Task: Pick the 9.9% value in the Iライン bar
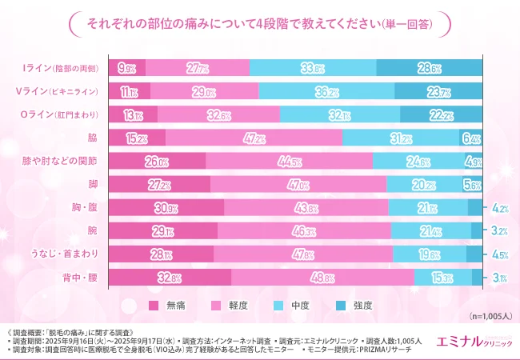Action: pos(126,69)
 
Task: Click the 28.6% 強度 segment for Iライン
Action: pos(429,69)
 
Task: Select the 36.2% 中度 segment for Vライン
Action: pos(327,92)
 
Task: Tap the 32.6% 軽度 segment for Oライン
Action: pos(218,115)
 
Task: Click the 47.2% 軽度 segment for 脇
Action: pos(254,138)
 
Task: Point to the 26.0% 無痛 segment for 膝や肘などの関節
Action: pos(157,162)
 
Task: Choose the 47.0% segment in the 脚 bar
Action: pos(298,185)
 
